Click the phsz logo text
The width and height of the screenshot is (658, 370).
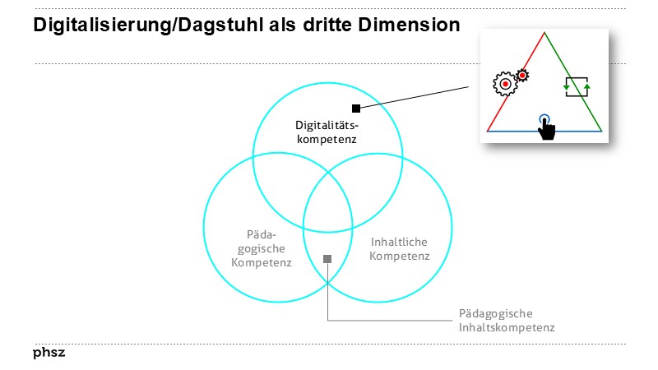click(49, 353)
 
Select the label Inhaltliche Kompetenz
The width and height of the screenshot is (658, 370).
click(399, 249)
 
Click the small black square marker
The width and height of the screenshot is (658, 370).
click(355, 108)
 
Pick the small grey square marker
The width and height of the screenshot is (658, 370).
click(327, 259)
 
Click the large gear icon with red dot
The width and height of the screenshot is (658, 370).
click(504, 83)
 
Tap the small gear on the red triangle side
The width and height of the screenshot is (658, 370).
click(521, 76)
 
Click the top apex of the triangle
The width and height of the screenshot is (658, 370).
click(544, 33)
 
